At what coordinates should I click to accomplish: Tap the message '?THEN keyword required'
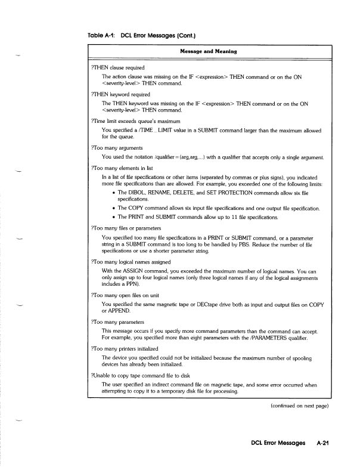[x=120, y=94]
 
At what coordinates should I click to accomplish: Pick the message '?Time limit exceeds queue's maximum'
[x=136, y=121]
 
